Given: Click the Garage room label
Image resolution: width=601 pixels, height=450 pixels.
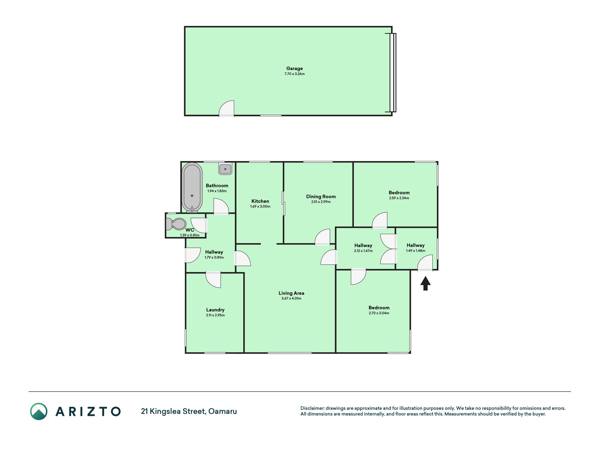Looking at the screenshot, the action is tap(294, 69).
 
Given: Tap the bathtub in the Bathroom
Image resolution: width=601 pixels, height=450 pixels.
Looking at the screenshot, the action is tap(192, 187).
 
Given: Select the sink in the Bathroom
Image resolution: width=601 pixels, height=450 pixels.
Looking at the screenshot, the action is tap(225, 169).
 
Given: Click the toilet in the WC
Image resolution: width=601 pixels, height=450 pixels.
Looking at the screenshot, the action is tap(176, 224).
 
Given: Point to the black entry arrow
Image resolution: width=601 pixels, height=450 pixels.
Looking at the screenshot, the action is tap(426, 283).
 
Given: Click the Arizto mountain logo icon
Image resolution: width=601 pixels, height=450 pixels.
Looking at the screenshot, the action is tap(39, 411).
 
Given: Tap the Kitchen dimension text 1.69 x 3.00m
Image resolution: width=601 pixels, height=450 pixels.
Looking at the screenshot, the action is tap(260, 206).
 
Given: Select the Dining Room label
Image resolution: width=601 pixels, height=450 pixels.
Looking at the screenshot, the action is tap(321, 197).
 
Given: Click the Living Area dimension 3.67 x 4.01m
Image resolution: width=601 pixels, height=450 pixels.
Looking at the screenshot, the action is tap(291, 298).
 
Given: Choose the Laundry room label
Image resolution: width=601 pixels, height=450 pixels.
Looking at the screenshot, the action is tap(215, 310).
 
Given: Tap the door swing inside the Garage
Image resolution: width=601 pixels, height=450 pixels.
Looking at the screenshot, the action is tap(227, 109).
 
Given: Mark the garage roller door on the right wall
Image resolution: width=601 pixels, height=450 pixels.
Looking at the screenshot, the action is tap(393, 72).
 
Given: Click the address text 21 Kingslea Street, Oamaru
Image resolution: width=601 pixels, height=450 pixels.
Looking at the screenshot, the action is tap(189, 411).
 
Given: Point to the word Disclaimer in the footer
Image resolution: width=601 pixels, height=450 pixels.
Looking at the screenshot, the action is tap(312, 408).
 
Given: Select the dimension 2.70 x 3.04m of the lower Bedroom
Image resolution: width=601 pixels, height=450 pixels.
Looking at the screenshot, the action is tap(379, 313).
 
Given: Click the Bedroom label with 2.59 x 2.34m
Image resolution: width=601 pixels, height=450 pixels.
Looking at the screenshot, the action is tap(399, 193).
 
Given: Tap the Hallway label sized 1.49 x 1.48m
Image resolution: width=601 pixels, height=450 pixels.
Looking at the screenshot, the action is tap(415, 245).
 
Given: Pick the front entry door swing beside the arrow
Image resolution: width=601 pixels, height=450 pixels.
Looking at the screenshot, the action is tap(425, 263).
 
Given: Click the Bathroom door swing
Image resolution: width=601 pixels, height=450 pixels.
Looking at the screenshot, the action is tap(221, 206).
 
